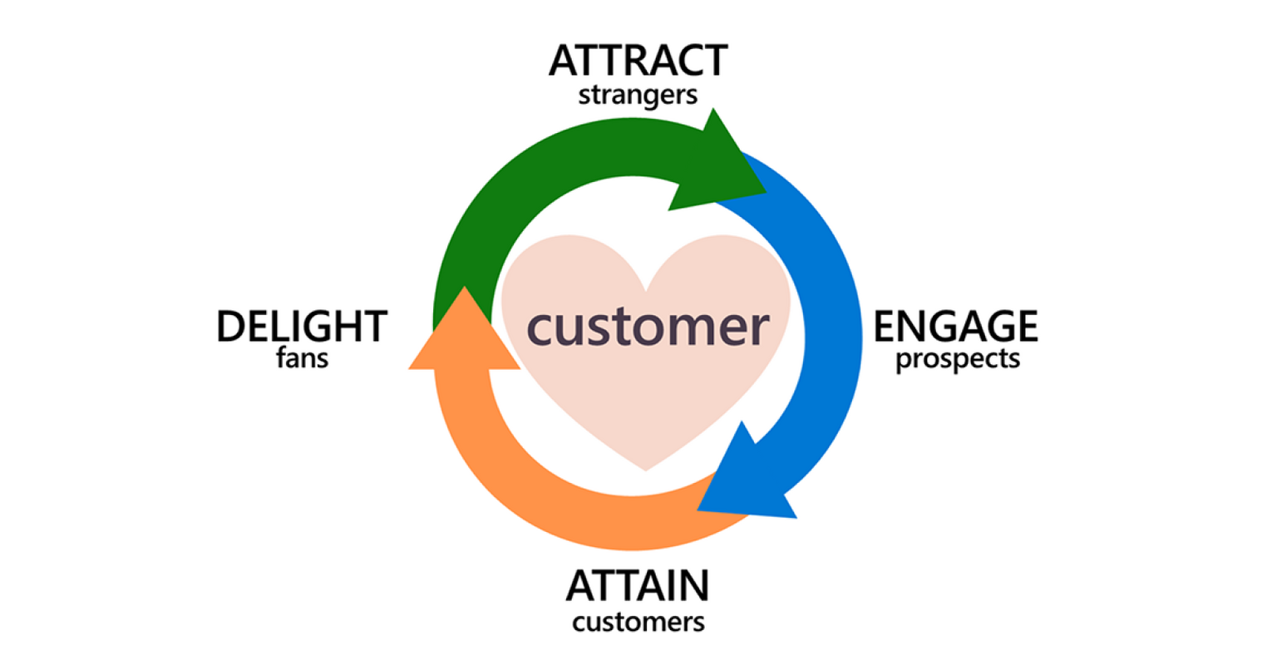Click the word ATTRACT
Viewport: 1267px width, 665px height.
(x=638, y=61)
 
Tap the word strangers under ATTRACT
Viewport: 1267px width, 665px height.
(x=638, y=96)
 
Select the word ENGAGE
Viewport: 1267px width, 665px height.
(x=955, y=327)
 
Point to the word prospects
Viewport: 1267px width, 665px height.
(x=957, y=360)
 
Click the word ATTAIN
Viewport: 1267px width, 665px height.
(x=638, y=586)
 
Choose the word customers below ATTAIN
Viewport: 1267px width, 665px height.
(x=638, y=622)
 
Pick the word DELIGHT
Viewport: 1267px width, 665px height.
(x=302, y=327)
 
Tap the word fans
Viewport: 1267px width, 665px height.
(x=302, y=359)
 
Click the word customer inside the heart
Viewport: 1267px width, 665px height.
(x=648, y=327)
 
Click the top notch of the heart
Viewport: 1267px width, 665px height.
(x=646, y=287)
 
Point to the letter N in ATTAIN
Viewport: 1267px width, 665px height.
(x=693, y=586)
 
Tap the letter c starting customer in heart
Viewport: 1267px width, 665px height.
(x=540, y=329)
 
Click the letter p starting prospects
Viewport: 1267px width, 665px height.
(x=904, y=362)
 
